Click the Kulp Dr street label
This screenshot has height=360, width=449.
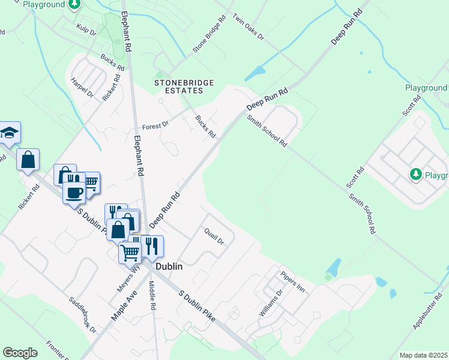coord(86,30)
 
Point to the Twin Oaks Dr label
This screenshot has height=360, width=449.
coord(248,27)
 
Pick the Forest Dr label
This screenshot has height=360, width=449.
coord(156,126)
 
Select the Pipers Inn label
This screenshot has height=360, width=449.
coord(293,281)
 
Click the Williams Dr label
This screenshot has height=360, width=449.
coord(270,304)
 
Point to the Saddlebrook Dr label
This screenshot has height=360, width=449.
coord(82,314)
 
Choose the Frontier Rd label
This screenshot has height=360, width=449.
coord(58,351)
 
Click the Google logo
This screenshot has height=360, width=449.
coord(20,352)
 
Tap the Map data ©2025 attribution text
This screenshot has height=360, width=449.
coord(423,355)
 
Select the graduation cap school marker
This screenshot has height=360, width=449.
coord(10,133)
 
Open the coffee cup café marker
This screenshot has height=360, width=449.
coord(75,193)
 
